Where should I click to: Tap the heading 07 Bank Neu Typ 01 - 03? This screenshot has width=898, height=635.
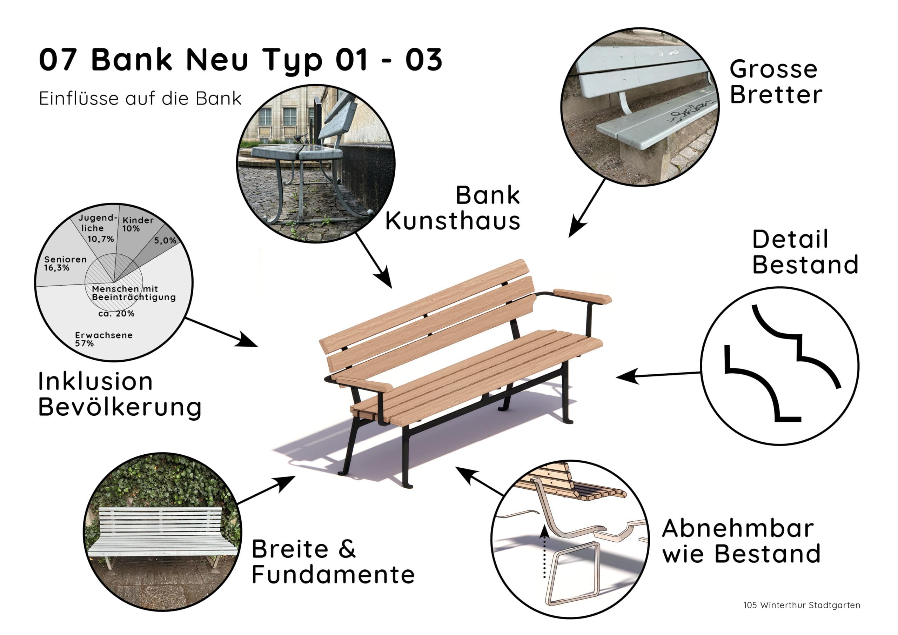click(x=241, y=60)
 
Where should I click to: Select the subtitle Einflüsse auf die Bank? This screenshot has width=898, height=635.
click(x=140, y=98)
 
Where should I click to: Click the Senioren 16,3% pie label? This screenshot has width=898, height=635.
click(x=65, y=263)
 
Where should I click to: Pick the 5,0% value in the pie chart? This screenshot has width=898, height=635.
click(x=165, y=240)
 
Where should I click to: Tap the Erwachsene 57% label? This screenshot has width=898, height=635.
click(x=103, y=339)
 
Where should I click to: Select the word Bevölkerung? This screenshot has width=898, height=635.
click(x=120, y=408)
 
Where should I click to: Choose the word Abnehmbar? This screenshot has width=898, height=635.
click(x=738, y=529)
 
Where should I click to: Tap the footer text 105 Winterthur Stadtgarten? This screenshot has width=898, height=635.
click(x=802, y=605)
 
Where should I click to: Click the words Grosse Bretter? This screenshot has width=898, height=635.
click(x=776, y=82)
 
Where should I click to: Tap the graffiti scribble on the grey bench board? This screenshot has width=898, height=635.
click(x=691, y=111)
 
